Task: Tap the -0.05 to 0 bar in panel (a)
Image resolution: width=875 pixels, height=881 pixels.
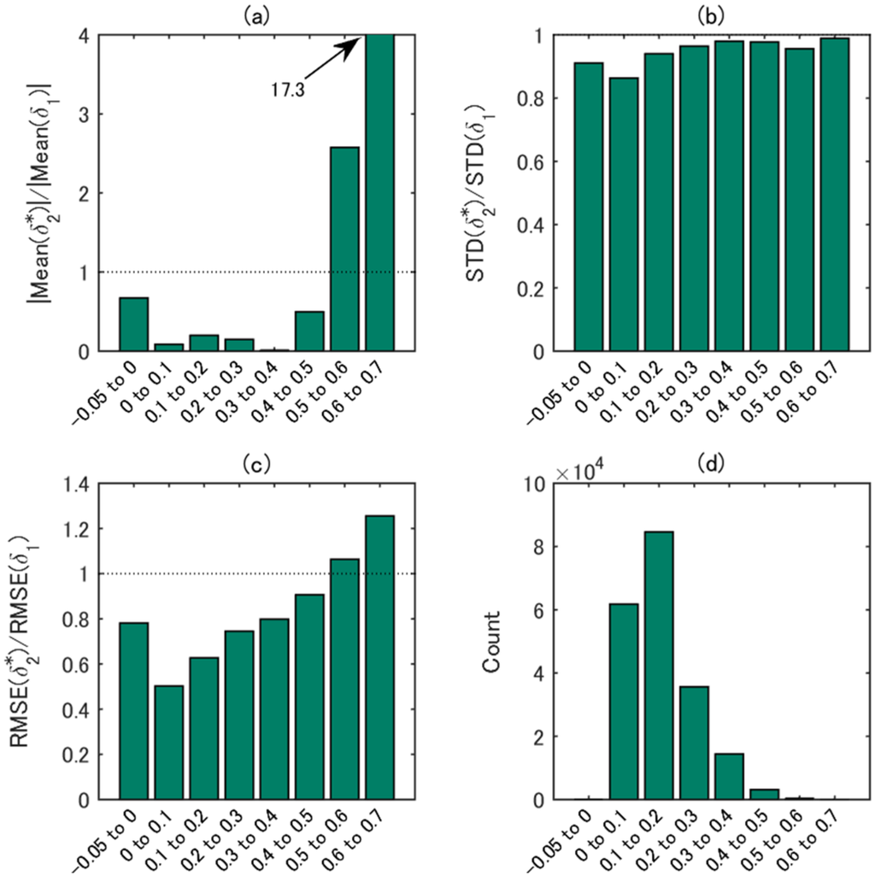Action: pos(133,324)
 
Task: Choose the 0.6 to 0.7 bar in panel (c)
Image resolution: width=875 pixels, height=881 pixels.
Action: pos(379,657)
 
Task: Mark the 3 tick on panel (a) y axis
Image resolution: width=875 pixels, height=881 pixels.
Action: pos(85,115)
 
